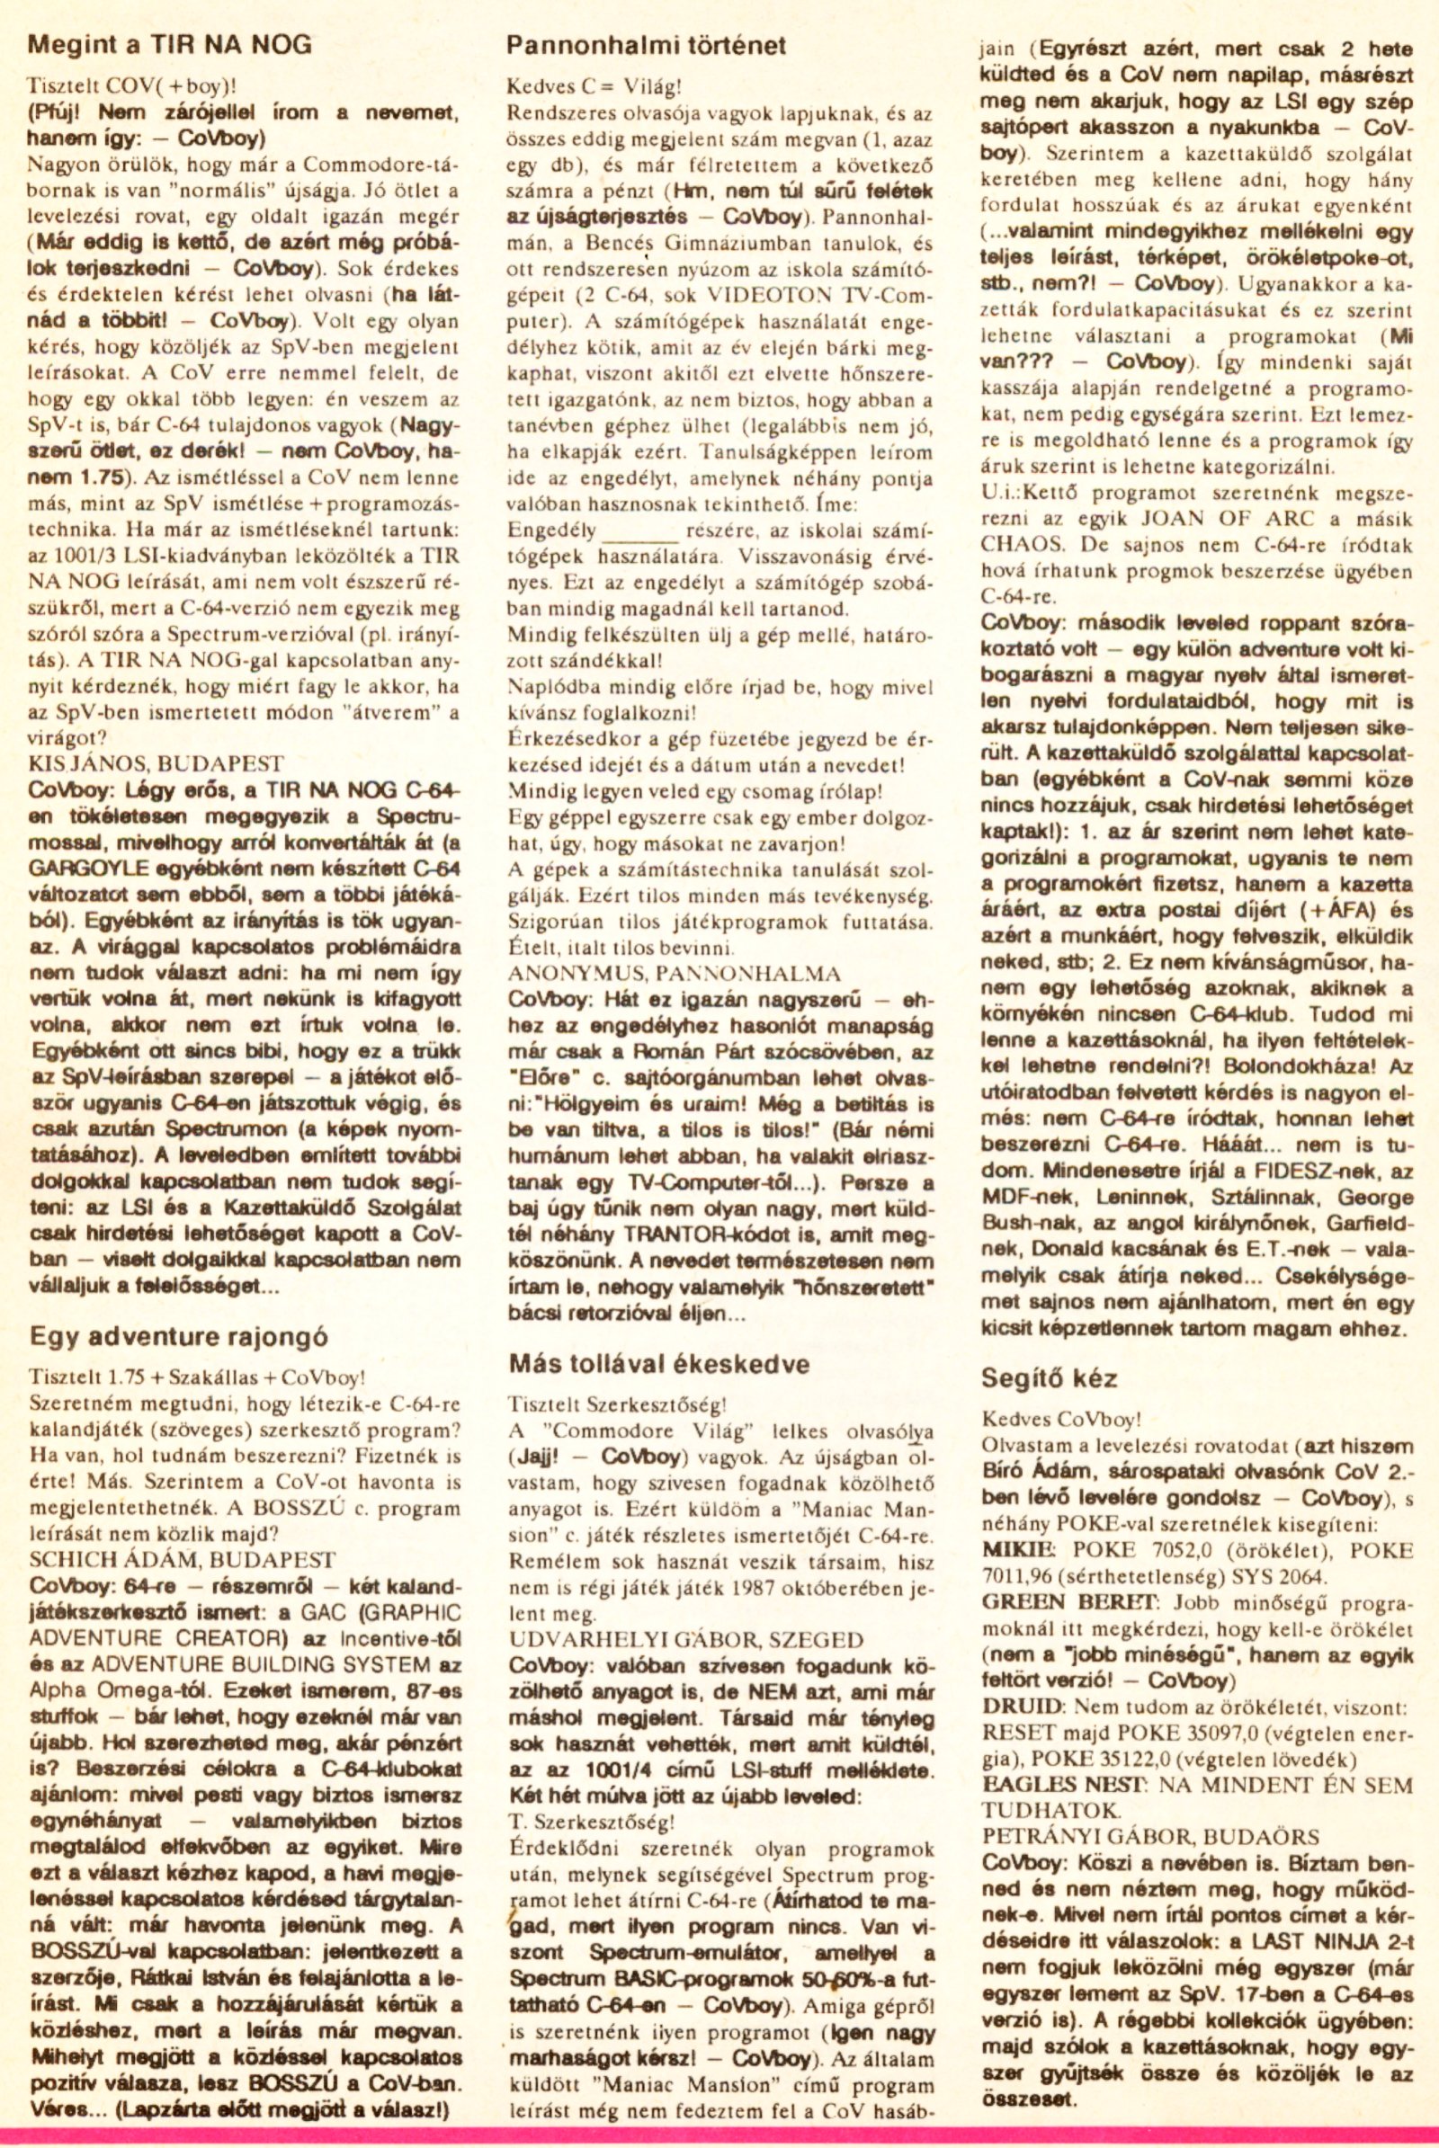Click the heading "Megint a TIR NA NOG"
tap(171, 45)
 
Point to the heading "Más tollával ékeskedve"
tap(659, 1362)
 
